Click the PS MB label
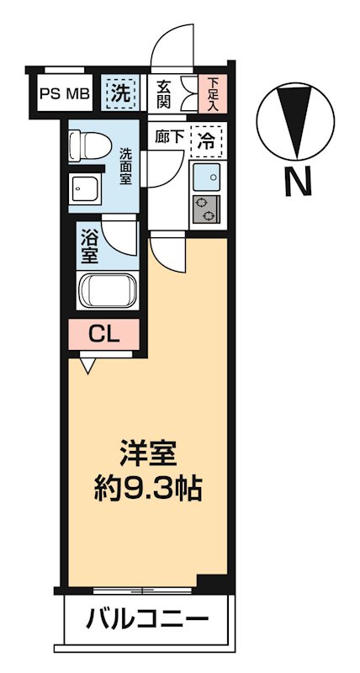pyautogui.click(x=65, y=93)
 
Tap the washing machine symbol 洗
pyautogui.click(x=120, y=93)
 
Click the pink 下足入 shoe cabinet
pyautogui.click(x=213, y=93)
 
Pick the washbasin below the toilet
pyautogui.click(x=86, y=188)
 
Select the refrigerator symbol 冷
pyautogui.click(x=205, y=140)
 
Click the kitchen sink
pyautogui.click(x=205, y=177)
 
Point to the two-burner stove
pyautogui.click(x=205, y=209)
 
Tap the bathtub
pyautogui.click(x=106, y=292)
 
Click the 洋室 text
pyautogui.click(x=149, y=455)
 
